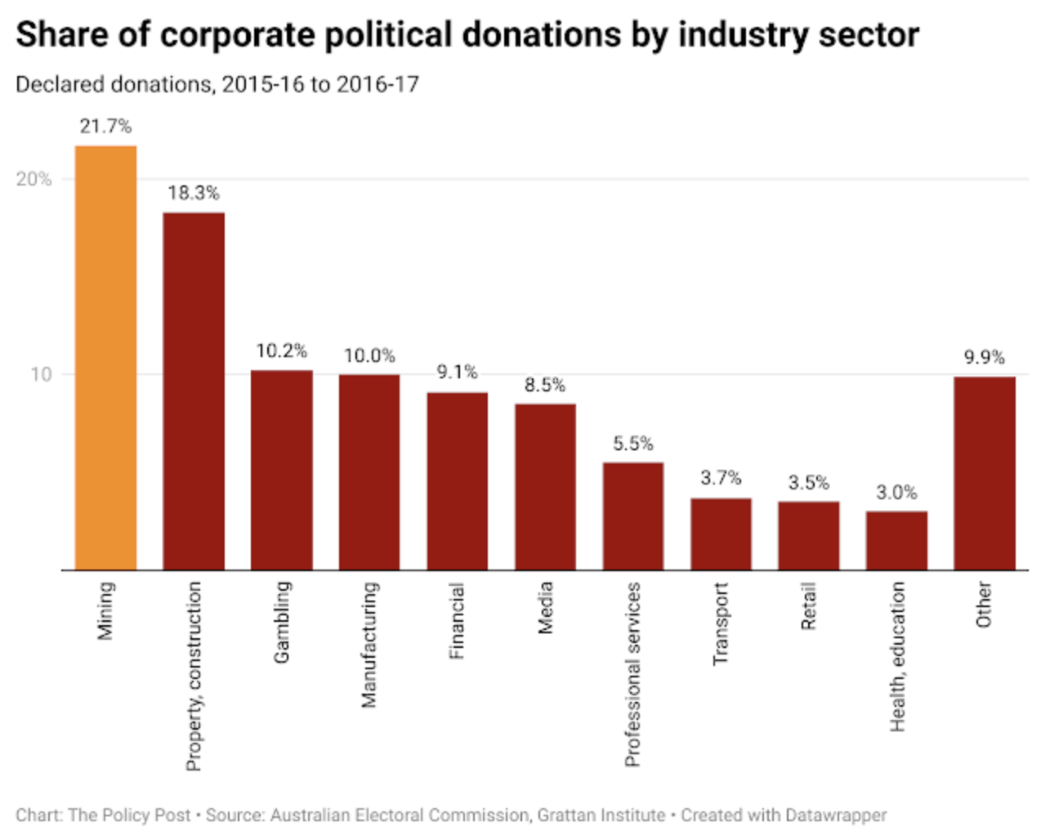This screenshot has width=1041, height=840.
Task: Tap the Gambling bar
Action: pyautogui.click(x=281, y=470)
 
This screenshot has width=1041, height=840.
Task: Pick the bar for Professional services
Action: pyautogui.click(x=633, y=516)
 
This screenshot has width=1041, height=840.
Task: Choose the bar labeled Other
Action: pyautogui.click(x=985, y=473)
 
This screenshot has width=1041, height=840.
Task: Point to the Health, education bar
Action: pyautogui.click(x=896, y=540)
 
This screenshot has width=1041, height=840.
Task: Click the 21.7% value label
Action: pyautogui.click(x=105, y=126)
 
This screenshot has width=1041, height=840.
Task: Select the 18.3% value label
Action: pyautogui.click(x=194, y=193)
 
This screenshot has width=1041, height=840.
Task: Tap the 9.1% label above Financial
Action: pyautogui.click(x=457, y=372)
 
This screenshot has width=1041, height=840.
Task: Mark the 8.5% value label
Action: pyautogui.click(x=545, y=385)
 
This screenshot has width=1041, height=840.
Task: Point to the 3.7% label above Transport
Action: pyautogui.click(x=721, y=477)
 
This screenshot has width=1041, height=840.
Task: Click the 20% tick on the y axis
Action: pyautogui.click(x=34, y=179)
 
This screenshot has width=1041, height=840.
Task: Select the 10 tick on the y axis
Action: pyautogui.click(x=41, y=374)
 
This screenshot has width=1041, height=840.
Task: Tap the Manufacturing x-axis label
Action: pyautogui.click(x=369, y=644)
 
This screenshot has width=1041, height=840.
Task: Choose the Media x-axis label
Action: pyautogui.click(x=545, y=607)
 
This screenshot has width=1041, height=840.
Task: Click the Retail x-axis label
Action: pyautogui.click(x=809, y=605)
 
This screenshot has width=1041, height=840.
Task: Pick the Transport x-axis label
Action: pyautogui.click(x=721, y=623)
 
